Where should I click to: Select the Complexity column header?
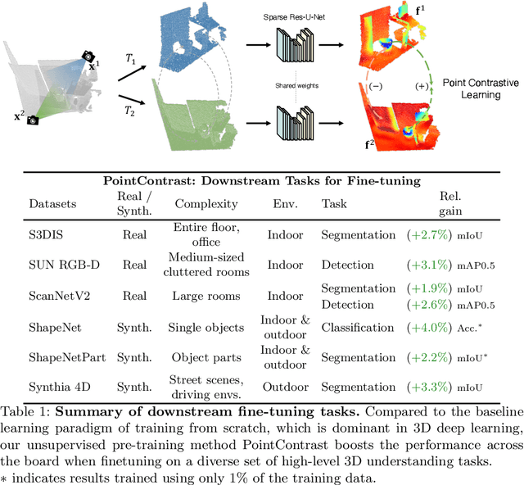click(x=206, y=204)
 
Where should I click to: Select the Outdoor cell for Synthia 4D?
click(x=284, y=387)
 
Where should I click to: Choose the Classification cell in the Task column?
click(x=358, y=328)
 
